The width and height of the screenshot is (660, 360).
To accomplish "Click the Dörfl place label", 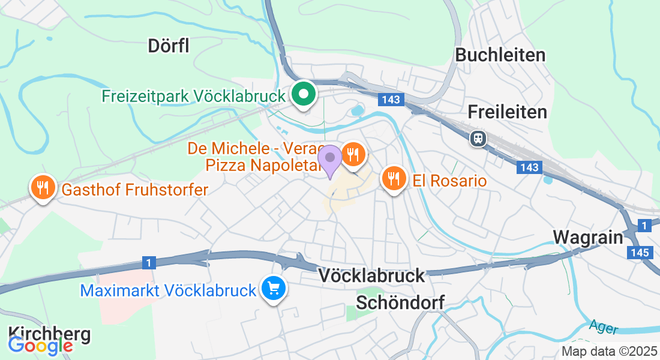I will [x=169, y=46].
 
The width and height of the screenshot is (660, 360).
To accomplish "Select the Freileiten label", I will [x=507, y=112].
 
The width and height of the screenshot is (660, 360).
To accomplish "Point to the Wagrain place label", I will [x=588, y=236].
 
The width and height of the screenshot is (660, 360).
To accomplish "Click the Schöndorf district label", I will [x=400, y=302].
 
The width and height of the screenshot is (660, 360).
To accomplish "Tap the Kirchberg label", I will [x=49, y=334].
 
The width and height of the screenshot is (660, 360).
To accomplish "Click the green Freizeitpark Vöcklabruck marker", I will [x=304, y=95].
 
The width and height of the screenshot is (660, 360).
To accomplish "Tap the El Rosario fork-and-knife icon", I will [x=393, y=179].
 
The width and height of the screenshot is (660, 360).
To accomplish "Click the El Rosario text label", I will [x=449, y=180].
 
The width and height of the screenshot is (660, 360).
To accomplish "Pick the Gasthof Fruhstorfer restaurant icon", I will [x=42, y=188].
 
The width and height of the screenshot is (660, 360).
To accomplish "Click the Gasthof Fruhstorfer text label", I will [x=134, y=190].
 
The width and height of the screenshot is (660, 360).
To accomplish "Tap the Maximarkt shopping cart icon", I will [x=274, y=289].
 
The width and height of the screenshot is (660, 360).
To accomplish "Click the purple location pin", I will [x=329, y=158].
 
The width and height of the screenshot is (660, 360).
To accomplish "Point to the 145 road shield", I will [x=640, y=253].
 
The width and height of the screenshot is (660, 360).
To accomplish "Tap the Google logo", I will [x=40, y=345].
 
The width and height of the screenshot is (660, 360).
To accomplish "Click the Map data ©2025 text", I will [x=608, y=351].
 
